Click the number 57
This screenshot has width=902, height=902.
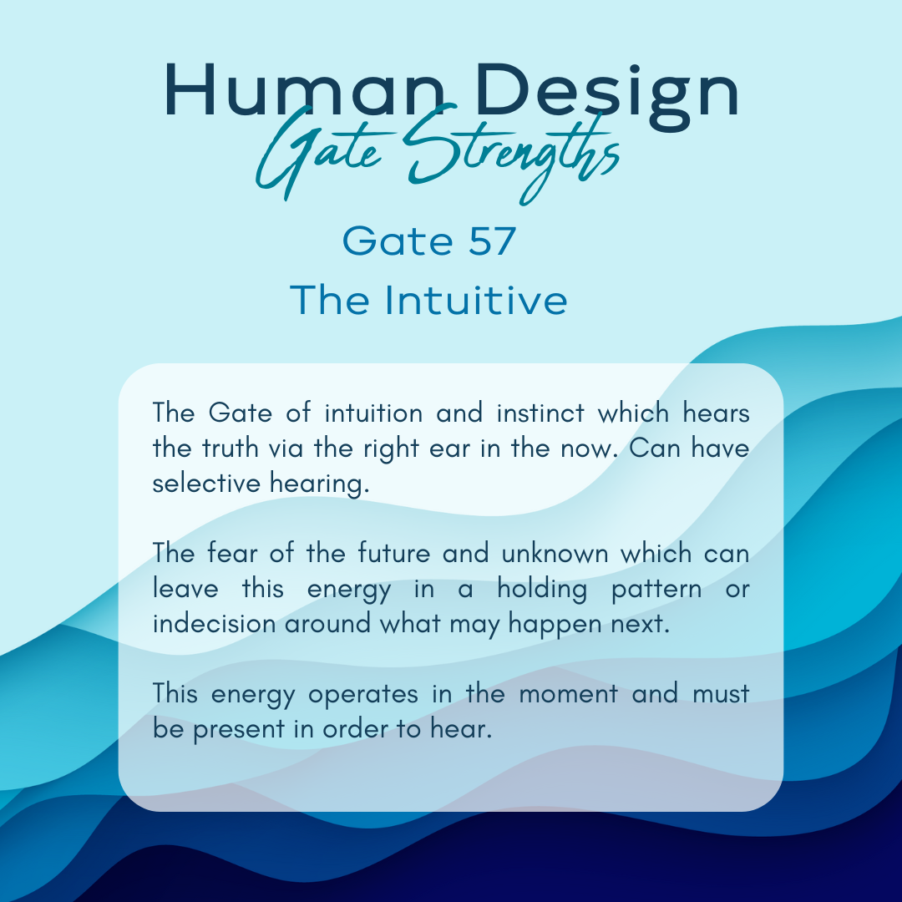pyautogui.click(x=492, y=241)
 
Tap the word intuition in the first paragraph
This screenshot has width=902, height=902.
pyautogui.click(x=373, y=413)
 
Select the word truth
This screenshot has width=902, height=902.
pyautogui.click(x=231, y=448)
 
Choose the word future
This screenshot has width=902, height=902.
pyautogui.click(x=394, y=554)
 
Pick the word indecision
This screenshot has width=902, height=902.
pyautogui.click(x=214, y=624)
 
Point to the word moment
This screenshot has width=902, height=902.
pyautogui.click(x=569, y=694)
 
